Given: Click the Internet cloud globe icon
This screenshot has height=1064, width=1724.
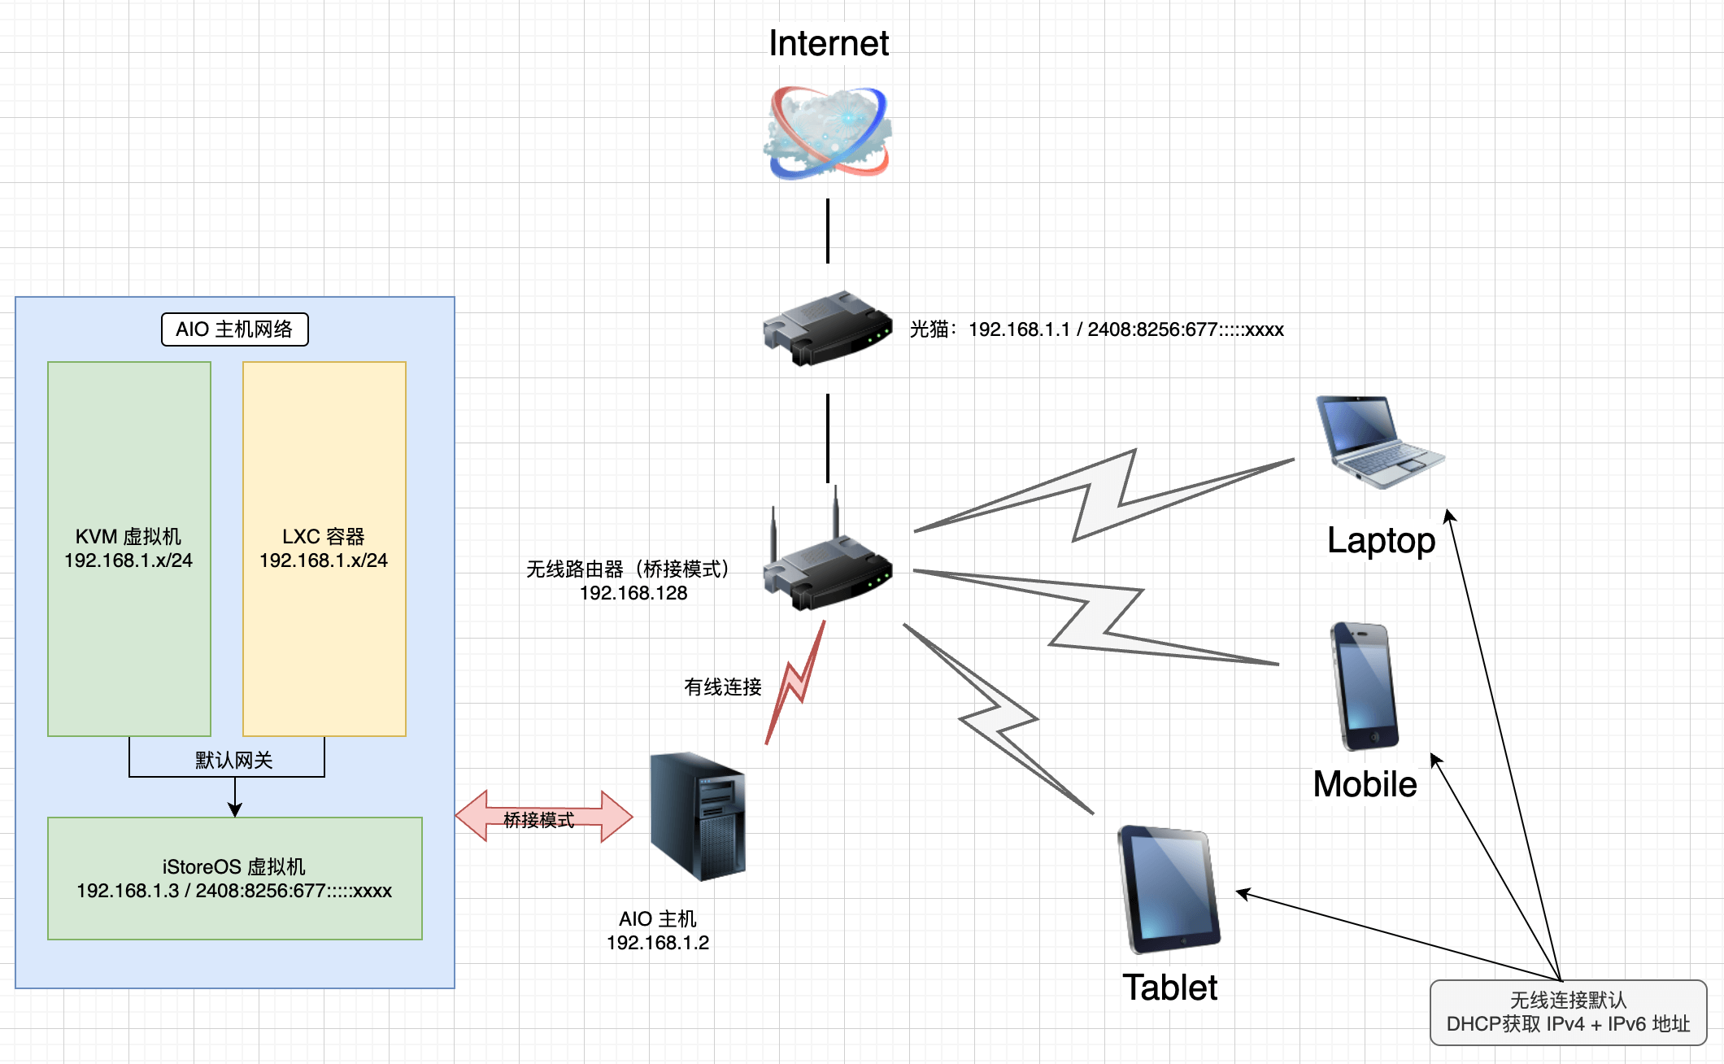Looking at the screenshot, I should [828, 133].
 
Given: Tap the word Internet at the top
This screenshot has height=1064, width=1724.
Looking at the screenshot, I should [828, 43].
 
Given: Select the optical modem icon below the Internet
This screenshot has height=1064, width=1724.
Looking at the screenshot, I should [827, 328].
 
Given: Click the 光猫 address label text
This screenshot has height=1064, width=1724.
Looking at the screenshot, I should [1096, 329].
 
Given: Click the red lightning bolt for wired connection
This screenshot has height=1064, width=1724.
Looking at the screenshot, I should [795, 683].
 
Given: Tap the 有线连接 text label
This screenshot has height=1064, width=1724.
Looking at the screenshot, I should [722, 687].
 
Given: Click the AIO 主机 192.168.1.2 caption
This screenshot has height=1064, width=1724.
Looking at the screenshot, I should [658, 931].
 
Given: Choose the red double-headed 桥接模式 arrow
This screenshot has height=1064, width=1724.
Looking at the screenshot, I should [543, 817].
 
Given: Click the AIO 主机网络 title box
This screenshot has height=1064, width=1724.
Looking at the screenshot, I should [234, 329].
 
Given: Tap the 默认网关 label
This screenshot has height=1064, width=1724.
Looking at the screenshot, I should [233, 760].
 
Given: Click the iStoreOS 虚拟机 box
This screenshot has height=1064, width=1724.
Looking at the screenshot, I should [234, 879].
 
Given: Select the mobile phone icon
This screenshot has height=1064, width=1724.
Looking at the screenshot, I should [1365, 686].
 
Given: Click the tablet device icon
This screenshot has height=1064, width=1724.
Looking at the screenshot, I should [1169, 889].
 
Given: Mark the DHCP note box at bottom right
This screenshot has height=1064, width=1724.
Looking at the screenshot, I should [1567, 1012].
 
